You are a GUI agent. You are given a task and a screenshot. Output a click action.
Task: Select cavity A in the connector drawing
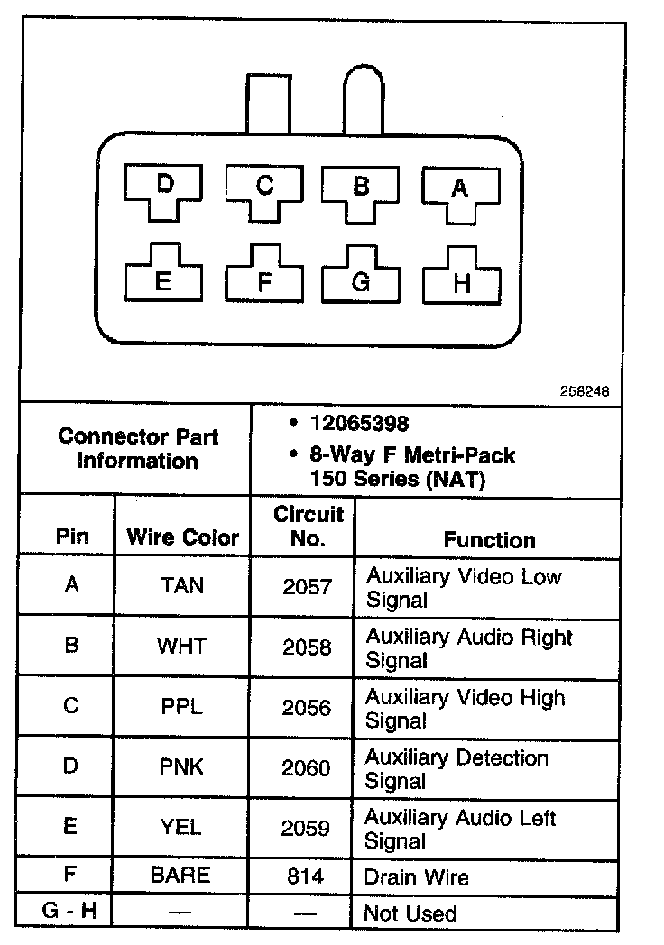coord(459,189)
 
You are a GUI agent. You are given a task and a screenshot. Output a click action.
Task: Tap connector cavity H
coord(462,282)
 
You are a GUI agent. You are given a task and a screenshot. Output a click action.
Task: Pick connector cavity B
coord(361,188)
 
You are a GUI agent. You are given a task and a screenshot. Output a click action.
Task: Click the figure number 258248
coord(584,392)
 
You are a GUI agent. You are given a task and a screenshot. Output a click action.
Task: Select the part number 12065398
coord(359,423)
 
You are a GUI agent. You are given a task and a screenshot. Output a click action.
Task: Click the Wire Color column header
coord(183,537)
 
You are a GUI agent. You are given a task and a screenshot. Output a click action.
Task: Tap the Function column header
coord(489,539)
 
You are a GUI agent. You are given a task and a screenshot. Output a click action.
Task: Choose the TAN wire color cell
coord(182,586)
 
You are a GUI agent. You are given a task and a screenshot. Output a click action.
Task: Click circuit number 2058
coord(307,647)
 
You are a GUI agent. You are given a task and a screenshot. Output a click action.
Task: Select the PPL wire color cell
coord(182,707)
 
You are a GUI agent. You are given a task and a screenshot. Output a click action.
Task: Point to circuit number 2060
coord(307,768)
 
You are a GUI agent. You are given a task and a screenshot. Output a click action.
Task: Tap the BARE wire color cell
coord(182,875)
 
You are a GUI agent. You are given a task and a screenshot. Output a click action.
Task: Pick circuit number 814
coord(307,876)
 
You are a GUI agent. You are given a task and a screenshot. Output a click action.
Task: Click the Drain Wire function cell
coord(416,876)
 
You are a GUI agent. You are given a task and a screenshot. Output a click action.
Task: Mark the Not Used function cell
coord(410,913)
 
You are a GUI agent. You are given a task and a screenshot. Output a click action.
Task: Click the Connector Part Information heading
coord(138,448)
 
